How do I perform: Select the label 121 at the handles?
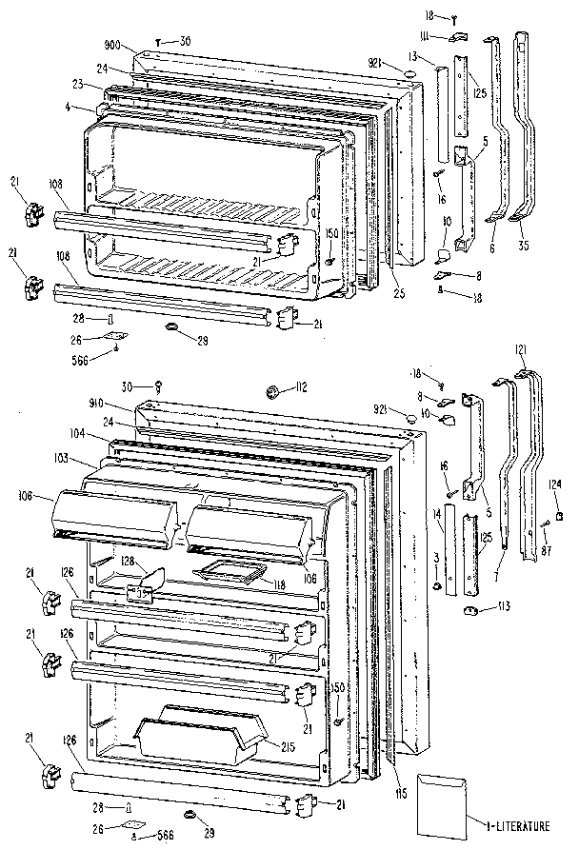[x=520, y=349]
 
